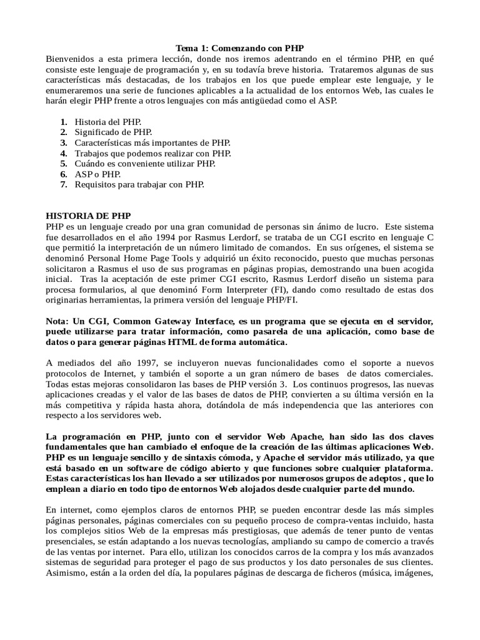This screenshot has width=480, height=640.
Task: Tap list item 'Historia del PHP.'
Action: pos(107,122)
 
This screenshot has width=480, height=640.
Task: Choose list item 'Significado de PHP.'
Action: pos(113,132)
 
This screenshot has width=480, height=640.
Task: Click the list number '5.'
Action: pos(64,164)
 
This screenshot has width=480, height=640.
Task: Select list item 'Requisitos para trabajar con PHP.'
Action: pos(139,184)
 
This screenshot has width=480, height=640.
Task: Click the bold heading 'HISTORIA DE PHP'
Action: pos(88,216)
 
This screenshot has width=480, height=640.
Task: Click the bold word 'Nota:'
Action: pos(60,321)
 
